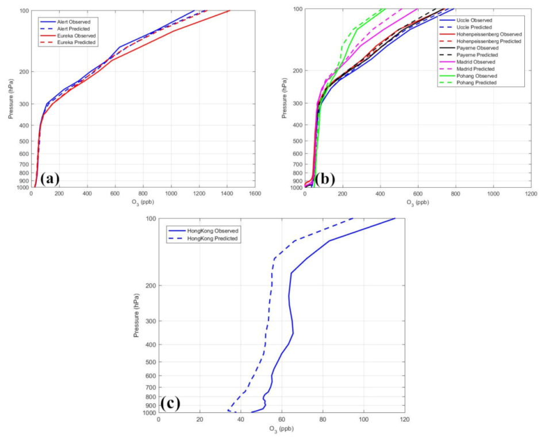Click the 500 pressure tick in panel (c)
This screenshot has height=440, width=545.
click(148, 362)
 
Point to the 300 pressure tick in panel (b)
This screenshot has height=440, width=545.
click(297, 103)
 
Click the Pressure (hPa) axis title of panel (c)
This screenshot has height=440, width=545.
click(137, 315)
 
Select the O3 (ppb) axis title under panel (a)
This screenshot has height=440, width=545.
click(143, 202)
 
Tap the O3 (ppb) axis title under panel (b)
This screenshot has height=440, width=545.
click(417, 202)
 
